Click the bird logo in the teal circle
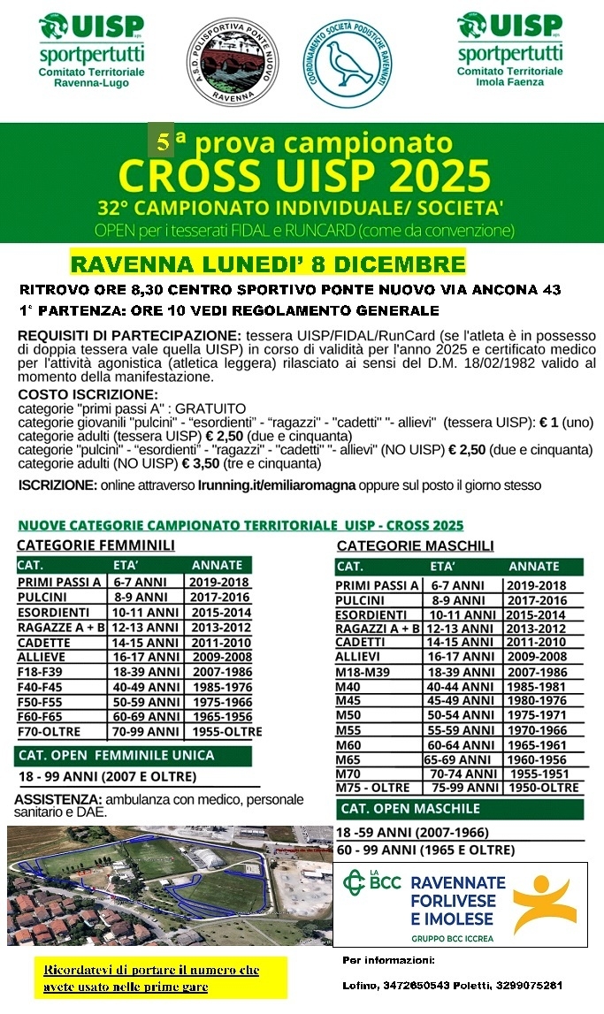pyautogui.click(x=348, y=59)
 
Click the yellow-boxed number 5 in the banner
pyautogui.click(x=162, y=140)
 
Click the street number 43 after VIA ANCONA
pyautogui.click(x=547, y=290)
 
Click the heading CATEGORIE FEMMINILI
pyautogui.click(x=96, y=545)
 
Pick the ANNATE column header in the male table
pyautogui.click(x=533, y=566)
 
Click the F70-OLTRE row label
pyautogui.click(x=49, y=731)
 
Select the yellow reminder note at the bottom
pyautogui.click(x=151, y=977)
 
